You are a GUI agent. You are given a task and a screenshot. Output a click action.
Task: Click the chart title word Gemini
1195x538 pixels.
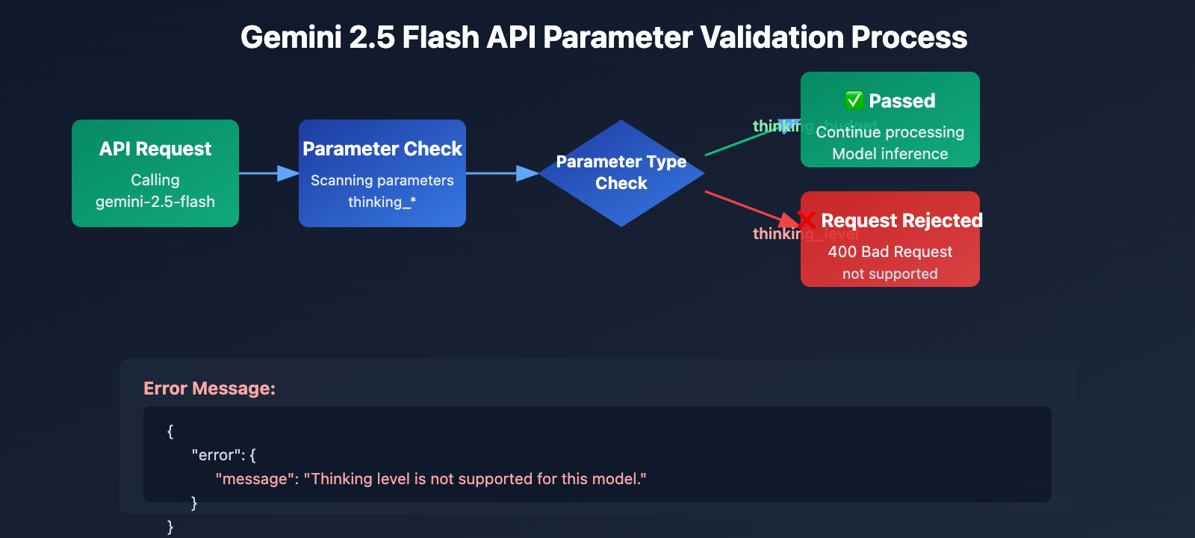point(291,37)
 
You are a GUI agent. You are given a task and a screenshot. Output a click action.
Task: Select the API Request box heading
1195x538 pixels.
point(155,149)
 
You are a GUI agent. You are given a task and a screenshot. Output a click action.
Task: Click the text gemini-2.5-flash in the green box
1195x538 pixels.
point(155,202)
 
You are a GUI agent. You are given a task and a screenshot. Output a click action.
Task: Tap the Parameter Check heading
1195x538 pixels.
point(382,149)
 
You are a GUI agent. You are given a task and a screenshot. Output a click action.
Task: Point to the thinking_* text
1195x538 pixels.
point(382,202)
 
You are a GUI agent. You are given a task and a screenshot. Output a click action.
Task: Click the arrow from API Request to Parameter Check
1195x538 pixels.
point(268,173)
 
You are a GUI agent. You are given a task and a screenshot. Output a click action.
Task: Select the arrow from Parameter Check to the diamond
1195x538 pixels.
point(501,173)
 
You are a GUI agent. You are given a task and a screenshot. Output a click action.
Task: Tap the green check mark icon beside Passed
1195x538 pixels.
point(854,100)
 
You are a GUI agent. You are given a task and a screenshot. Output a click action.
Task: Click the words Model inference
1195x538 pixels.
point(890,154)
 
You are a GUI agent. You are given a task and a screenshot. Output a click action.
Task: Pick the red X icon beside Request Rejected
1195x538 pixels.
point(807,220)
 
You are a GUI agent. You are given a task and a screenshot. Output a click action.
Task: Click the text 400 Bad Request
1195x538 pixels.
point(890,252)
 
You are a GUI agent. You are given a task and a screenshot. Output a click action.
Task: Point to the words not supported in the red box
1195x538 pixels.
point(890,274)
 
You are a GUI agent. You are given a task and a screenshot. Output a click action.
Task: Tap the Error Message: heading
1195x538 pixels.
point(209,389)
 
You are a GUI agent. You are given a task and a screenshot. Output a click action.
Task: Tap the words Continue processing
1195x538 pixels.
point(890,132)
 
